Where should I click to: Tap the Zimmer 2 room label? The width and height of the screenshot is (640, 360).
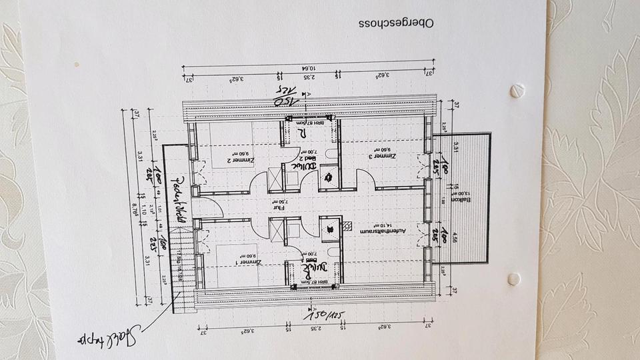click(x=238, y=159)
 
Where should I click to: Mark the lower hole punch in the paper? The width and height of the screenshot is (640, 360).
click(x=513, y=279)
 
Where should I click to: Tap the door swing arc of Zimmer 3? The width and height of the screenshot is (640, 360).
click(x=365, y=179)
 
